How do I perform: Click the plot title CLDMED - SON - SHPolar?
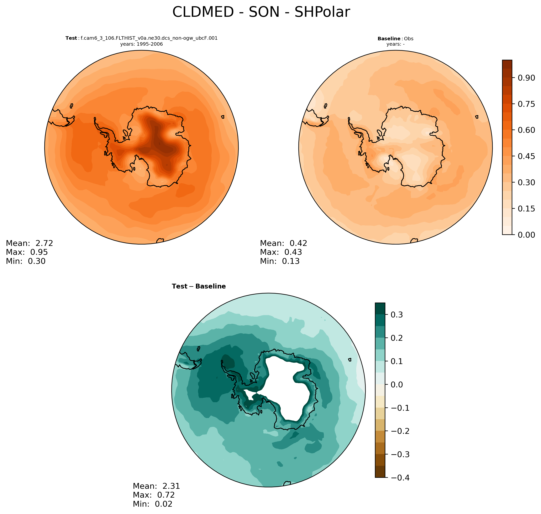pyautogui.click(x=261, y=12)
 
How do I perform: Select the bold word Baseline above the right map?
pyautogui.click(x=389, y=39)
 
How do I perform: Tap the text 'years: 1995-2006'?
pyautogui.click(x=141, y=44)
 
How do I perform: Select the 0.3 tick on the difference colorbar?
pyautogui.click(x=396, y=315)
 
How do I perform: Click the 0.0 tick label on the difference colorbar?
pyautogui.click(x=396, y=385)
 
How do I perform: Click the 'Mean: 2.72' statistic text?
pyautogui.click(x=29, y=243)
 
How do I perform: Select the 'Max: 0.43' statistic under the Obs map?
pyautogui.click(x=281, y=252)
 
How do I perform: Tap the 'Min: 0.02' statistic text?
pyautogui.click(x=153, y=504)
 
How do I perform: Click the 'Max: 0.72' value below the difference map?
pyautogui.click(x=154, y=495)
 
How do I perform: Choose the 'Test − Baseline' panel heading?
pyautogui.click(x=199, y=286)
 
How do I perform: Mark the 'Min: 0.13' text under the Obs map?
pyautogui.click(x=280, y=261)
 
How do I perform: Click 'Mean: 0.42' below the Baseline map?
pyautogui.click(x=284, y=243)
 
